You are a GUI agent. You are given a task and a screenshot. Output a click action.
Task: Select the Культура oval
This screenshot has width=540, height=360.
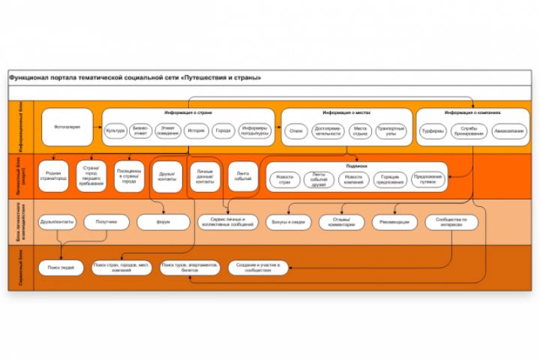pos(115,131)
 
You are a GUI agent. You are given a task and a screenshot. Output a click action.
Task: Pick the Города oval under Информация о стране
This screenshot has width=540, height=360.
pos(223,131)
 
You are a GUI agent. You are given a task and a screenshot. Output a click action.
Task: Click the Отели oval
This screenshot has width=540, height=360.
pos(296,131)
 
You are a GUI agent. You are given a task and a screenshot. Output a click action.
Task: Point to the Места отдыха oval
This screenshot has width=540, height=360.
pos(360,131)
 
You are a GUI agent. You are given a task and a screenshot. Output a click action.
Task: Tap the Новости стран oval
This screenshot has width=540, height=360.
pos(285,178)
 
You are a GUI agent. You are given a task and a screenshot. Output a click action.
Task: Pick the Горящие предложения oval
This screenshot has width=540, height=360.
pos(389,178)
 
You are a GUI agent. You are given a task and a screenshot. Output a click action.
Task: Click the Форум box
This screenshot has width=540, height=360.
pos(163,223)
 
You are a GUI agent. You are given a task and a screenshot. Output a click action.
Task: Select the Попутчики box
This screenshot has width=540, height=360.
pos(106,223)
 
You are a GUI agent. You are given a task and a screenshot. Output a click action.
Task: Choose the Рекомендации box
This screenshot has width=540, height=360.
pos(394,223)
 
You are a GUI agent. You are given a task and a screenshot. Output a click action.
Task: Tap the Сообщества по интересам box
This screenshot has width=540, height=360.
pos(451,223)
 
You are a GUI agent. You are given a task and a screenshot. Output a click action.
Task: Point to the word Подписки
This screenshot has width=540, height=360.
pos(356,166)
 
